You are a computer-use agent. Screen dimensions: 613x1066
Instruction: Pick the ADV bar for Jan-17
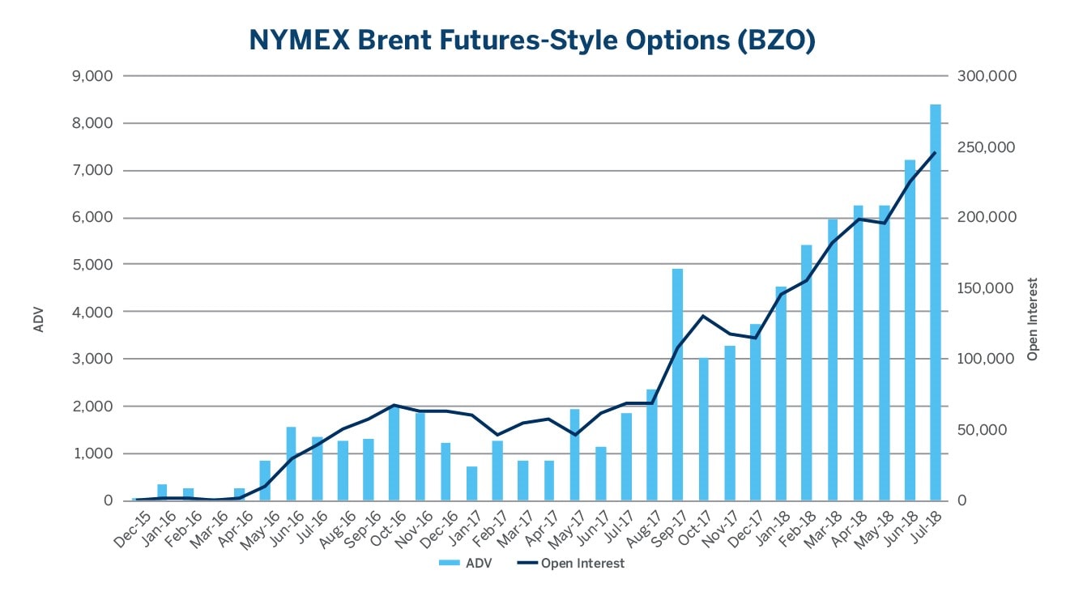click(471, 483)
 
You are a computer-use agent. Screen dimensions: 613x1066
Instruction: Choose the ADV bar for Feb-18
click(806, 372)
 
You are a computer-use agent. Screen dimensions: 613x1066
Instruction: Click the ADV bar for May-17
click(574, 454)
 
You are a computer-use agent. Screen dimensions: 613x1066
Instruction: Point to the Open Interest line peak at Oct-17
click(703, 316)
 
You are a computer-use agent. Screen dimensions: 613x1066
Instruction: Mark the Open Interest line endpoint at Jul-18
click(935, 152)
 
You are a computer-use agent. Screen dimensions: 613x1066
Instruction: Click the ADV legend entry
click(467, 564)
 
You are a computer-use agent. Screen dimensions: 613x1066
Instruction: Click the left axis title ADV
click(38, 318)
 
